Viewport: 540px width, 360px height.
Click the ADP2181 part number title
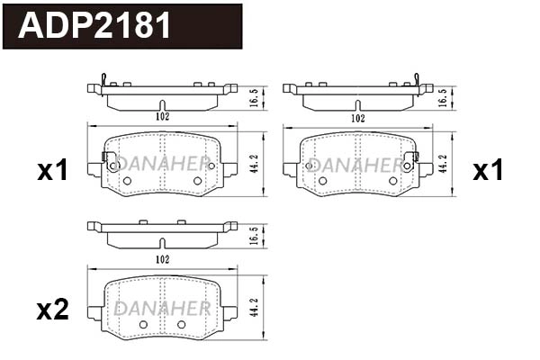pos(95,25)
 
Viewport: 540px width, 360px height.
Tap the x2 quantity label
pos(52,310)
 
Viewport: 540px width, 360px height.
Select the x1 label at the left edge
pos(52,170)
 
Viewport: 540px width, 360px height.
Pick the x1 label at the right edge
pos(489,170)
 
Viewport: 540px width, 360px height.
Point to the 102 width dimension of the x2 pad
pos(162,258)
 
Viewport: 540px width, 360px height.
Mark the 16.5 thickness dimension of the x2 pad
pos(254,237)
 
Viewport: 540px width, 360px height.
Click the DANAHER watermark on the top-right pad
pos(357,165)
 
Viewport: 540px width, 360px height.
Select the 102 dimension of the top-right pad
pos(357,118)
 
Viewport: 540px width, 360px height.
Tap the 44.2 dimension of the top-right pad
pos(441,165)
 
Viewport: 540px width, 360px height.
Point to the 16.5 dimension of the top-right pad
pos(441,97)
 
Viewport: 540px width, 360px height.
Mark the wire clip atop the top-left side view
pos(105,80)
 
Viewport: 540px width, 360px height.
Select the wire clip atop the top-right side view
pos(415,80)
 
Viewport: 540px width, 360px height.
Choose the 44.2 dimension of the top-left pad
pos(254,165)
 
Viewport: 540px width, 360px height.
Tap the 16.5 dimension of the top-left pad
pos(254,97)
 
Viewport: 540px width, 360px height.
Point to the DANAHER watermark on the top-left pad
pos(162,165)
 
